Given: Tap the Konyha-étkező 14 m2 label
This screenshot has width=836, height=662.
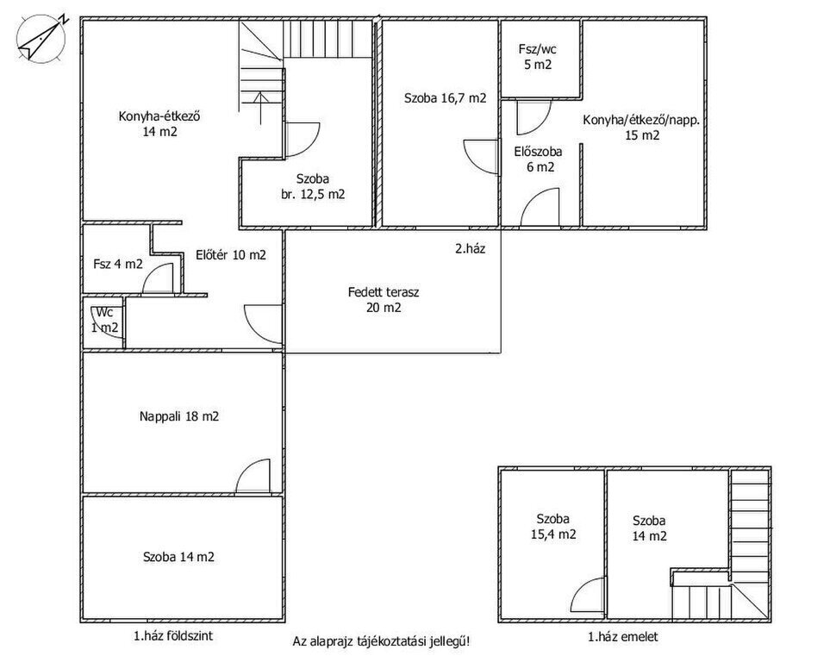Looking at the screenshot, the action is click(159, 124).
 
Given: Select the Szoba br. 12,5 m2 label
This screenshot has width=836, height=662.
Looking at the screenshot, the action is click(313, 187).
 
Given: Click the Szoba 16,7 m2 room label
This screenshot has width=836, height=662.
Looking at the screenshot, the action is click(446, 98).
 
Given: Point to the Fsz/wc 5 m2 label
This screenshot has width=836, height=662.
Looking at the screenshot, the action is click(538, 57).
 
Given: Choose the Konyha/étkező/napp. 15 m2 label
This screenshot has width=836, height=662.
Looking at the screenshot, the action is click(641, 128).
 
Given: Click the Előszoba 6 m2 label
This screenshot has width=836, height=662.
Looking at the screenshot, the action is click(539, 159).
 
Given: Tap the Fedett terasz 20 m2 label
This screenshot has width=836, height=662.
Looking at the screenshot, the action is click(384, 300).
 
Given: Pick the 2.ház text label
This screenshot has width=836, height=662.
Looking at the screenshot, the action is click(471, 248).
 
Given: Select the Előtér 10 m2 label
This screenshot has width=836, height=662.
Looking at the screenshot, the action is click(231, 255).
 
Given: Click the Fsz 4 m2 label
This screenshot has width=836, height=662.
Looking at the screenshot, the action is click(118, 264).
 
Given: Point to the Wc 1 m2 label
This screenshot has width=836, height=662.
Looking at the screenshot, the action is click(104, 320).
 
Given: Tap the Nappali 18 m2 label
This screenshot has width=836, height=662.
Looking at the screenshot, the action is click(179, 416).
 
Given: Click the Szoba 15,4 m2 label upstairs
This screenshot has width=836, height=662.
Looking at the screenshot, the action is click(553, 527).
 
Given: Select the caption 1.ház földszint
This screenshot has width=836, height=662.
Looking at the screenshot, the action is click(173, 636).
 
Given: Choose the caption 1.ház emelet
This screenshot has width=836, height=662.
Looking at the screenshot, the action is click(623, 636).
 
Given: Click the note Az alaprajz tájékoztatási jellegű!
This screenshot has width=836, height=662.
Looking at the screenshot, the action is click(382, 641).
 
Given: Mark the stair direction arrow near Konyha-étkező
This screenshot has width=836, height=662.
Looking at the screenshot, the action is click(261, 109).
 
